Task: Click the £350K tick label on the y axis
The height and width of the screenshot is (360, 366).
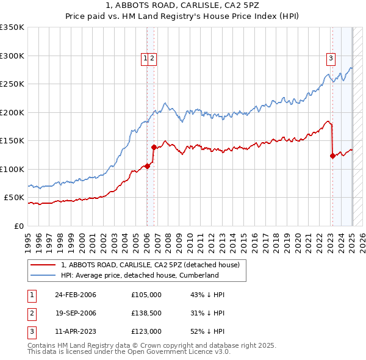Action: (x=12, y=27)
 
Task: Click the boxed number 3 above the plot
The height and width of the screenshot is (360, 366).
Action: (x=331, y=59)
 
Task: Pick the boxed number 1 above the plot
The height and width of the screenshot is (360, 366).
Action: (x=146, y=59)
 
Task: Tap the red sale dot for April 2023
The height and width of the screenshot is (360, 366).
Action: (x=332, y=156)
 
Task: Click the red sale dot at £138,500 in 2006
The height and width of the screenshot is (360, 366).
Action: (x=154, y=147)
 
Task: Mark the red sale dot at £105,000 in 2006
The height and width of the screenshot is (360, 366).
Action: (x=148, y=166)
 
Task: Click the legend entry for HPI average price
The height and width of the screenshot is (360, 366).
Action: (x=140, y=275)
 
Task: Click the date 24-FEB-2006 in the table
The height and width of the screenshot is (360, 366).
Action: (x=76, y=295)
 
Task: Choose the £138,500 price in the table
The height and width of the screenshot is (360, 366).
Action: (x=146, y=313)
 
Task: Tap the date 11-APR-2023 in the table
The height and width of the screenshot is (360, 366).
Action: (x=76, y=331)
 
